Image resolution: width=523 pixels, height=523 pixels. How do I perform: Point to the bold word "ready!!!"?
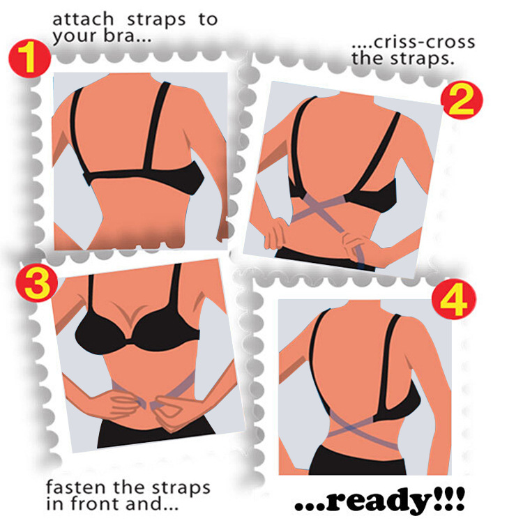point(379,501)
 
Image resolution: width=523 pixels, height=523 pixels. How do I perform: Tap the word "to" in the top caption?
point(207,20)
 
